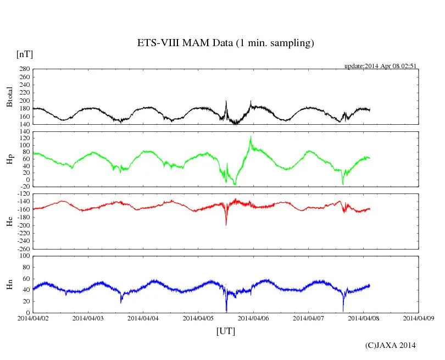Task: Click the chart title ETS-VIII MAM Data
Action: [225, 43]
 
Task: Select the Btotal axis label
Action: [9, 96]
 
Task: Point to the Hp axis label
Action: [9, 159]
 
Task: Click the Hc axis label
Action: [9, 221]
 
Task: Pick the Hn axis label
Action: [9, 284]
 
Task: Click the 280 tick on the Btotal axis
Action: [24, 69]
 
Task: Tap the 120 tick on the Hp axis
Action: [24, 138]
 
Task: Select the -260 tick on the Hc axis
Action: [22, 248]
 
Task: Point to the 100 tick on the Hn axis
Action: [24, 256]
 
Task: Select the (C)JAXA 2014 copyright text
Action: [390, 345]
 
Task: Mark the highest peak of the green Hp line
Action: [251, 136]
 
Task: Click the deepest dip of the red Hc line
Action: [226, 225]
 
